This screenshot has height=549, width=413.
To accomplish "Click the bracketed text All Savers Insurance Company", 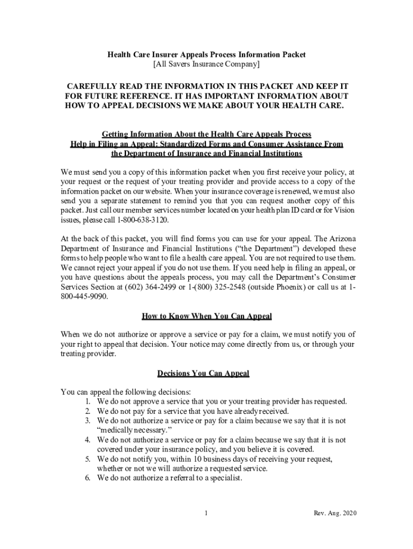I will (206, 65).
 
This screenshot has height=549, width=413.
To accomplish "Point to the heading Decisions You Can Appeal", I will (203, 373).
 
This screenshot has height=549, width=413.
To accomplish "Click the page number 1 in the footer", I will (206, 513).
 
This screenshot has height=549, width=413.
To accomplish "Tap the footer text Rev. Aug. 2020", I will (335, 513).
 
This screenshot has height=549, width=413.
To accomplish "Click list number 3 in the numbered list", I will (88, 421).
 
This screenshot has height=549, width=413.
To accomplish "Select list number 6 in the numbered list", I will (88, 478).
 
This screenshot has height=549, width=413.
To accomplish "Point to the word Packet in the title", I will (293, 55).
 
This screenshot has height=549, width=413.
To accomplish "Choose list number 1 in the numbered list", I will (88, 401).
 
